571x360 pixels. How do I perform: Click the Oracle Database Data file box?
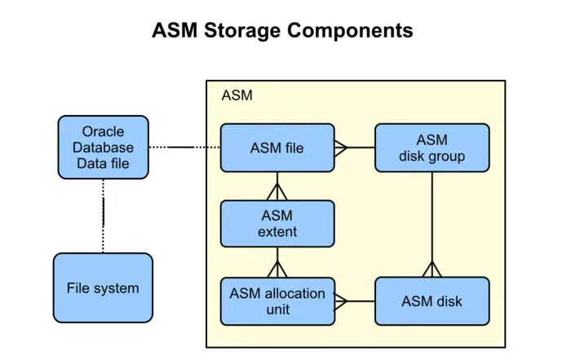tap(103, 147)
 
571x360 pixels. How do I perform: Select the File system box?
tap(103, 287)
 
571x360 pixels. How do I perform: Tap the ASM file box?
tap(277, 148)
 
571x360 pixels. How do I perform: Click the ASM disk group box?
tap(432, 148)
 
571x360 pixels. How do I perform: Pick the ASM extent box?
tap(277, 224)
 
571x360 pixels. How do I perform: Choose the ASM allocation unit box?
tap(277, 301)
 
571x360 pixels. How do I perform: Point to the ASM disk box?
tap(432, 301)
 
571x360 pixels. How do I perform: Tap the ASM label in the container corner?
tap(237, 96)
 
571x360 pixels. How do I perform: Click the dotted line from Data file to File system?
tap(103, 216)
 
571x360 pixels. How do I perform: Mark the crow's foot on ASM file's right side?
tap(342, 148)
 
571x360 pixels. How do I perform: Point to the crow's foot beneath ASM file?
tap(277, 190)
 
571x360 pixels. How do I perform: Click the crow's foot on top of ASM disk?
tap(432, 269)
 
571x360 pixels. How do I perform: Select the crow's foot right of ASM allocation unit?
tap(342, 301)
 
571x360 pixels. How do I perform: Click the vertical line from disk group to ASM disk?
tap(432, 216)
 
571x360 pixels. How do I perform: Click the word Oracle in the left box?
tap(103, 131)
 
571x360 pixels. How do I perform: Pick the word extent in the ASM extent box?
tap(277, 232)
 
